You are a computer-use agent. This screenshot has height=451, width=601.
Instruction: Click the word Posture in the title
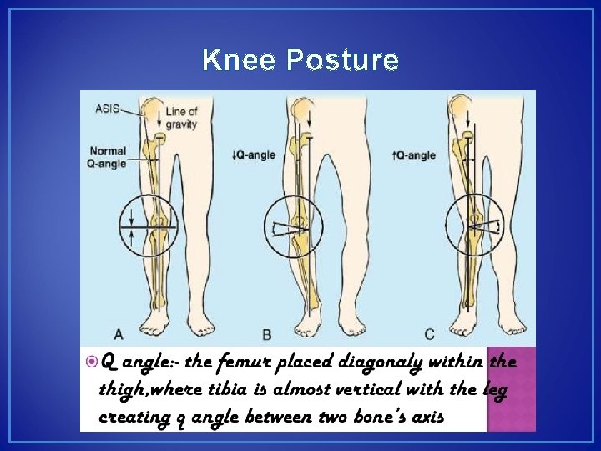pyautogui.click(x=342, y=61)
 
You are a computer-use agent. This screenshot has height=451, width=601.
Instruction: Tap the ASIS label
pyautogui.click(x=107, y=108)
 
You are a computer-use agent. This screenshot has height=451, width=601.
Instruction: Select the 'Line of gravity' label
pyautogui.click(x=180, y=118)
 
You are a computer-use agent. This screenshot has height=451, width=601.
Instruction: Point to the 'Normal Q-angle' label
pyautogui.click(x=108, y=157)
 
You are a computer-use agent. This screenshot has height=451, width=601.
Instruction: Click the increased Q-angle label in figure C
pyautogui.click(x=413, y=155)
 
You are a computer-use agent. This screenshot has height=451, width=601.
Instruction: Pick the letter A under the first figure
pyautogui.click(x=119, y=334)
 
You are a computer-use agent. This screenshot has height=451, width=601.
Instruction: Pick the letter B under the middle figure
pyautogui.click(x=267, y=334)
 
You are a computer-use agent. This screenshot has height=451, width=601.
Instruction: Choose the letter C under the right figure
pyautogui.click(x=428, y=334)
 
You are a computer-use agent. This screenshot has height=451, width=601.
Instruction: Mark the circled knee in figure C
pyautogui.click(x=474, y=223)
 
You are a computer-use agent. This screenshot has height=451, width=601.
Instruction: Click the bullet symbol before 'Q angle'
pyautogui.click(x=91, y=362)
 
